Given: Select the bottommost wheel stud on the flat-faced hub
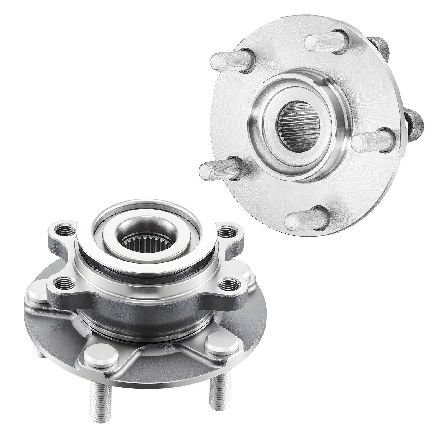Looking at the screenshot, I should coord(300,219).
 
